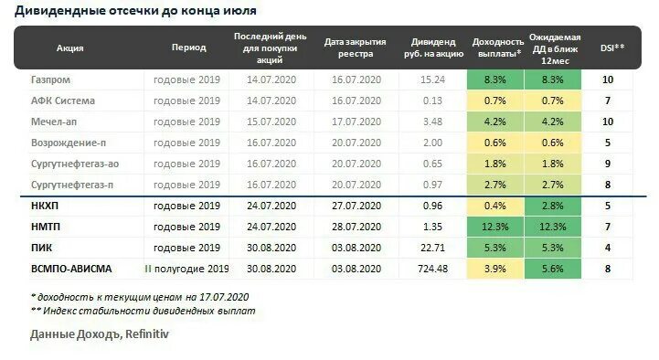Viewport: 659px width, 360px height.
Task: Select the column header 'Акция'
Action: (70, 48)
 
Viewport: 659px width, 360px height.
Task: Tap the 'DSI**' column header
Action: (611, 48)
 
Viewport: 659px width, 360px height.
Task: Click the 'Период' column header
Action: (188, 48)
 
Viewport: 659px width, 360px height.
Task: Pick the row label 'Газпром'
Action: (51, 79)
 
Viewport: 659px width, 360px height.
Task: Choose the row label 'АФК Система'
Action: (62, 101)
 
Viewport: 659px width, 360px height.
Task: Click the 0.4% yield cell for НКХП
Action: (496, 206)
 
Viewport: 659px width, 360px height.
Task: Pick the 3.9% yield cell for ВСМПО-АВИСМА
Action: (496, 269)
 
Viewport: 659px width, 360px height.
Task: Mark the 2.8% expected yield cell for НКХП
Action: (553, 206)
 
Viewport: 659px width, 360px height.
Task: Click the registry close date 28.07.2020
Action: (356, 227)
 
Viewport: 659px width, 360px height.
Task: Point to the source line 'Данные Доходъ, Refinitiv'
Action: (99, 334)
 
